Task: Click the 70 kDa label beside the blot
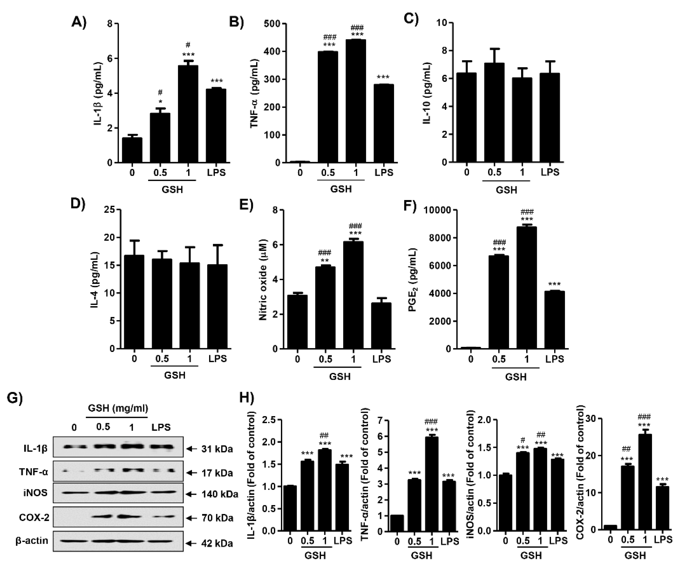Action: click(217, 518)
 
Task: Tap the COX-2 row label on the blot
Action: click(34, 517)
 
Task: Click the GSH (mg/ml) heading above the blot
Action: click(118, 408)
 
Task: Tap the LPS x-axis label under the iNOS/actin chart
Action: click(558, 540)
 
